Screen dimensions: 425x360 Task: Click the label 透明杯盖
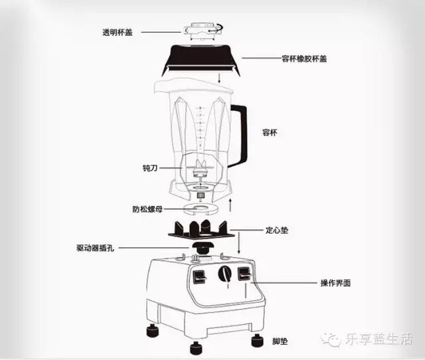(118, 33)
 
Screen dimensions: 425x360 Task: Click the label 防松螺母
(148, 209)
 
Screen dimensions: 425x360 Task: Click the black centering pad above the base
(199, 229)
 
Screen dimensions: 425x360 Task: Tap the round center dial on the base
(226, 274)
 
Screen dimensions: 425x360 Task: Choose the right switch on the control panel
(245, 273)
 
